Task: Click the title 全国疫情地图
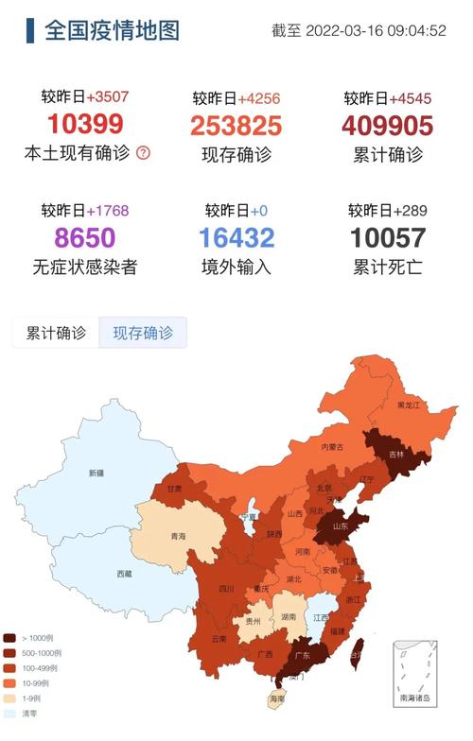pyautogui.click(x=111, y=30)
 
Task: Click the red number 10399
pyautogui.click(x=85, y=124)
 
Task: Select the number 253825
pyautogui.click(x=236, y=126)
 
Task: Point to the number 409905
pyautogui.click(x=387, y=126)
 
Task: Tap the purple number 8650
pyautogui.click(x=85, y=237)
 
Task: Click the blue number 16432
pyautogui.click(x=236, y=237)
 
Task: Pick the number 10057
pyautogui.click(x=388, y=237)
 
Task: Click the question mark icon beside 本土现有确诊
pyautogui.click(x=143, y=152)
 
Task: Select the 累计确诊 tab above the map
pyautogui.click(x=56, y=333)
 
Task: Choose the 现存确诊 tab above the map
pyautogui.click(x=143, y=333)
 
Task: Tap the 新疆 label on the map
pyautogui.click(x=96, y=473)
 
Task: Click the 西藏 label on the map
pyautogui.click(x=125, y=574)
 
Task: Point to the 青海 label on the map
pyautogui.click(x=178, y=536)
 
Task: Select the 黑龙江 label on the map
pyautogui.click(x=408, y=405)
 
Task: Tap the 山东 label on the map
pyautogui.click(x=340, y=526)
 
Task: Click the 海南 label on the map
pyautogui.click(x=276, y=698)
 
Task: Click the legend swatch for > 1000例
pyautogui.click(x=10, y=638)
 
